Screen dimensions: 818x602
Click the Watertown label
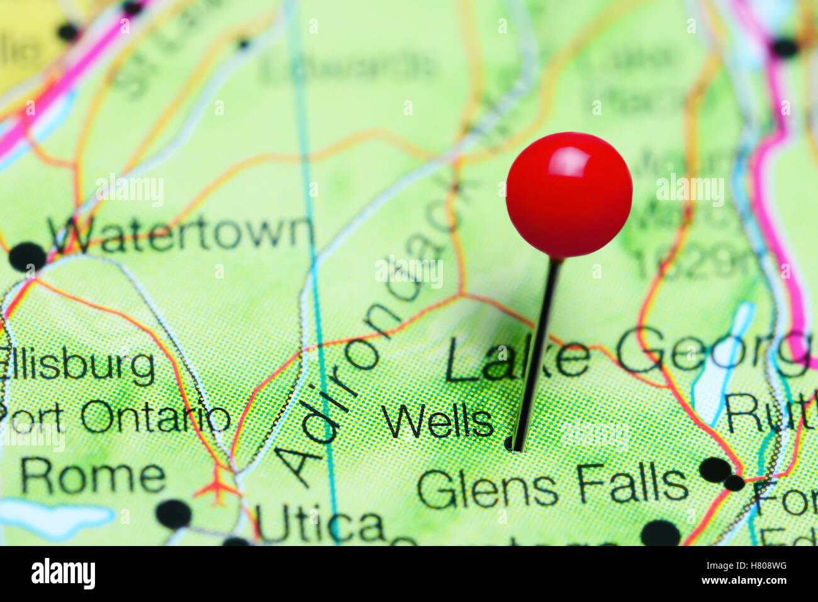point(182,234)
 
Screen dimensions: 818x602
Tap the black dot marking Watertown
point(28,257)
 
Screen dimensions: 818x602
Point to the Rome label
point(93,477)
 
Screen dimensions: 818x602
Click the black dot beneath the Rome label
point(173,513)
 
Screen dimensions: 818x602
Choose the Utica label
point(319,526)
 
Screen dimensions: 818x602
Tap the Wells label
point(438,421)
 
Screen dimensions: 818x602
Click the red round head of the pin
point(569,195)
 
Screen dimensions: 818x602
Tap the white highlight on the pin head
point(568,162)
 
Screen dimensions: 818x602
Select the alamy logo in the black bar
point(63,573)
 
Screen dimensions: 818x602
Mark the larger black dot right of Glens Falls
point(715,469)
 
